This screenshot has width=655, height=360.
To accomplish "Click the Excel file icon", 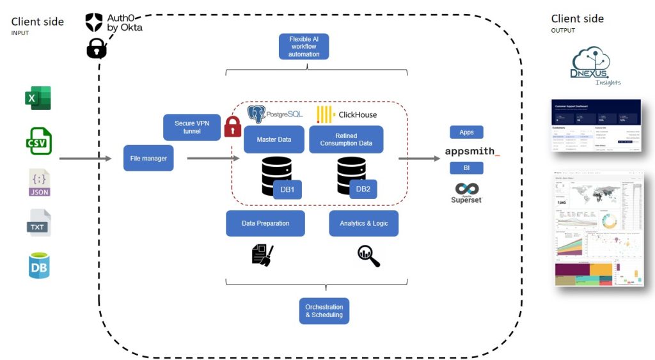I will [x=38, y=98].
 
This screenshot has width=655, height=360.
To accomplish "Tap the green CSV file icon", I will [x=39, y=141].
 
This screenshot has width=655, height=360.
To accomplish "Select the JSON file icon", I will [x=39, y=182].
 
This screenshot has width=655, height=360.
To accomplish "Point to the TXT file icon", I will [x=38, y=223].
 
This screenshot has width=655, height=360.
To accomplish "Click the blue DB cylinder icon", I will [x=39, y=265].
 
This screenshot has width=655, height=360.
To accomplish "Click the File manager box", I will [x=148, y=159].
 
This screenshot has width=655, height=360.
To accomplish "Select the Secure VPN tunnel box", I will [x=192, y=127].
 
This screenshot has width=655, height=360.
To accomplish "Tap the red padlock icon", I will [x=232, y=127].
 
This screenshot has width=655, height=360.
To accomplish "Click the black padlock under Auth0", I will [x=97, y=49].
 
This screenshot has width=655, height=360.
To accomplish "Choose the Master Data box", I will [x=274, y=139].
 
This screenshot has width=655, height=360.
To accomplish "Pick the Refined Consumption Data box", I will [x=346, y=139].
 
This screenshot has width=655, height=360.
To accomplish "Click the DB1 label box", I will [x=287, y=189].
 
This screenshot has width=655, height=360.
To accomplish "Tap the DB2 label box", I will [x=363, y=189].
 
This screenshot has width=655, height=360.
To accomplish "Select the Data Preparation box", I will [x=265, y=223].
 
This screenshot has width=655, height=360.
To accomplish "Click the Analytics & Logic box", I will [x=363, y=223].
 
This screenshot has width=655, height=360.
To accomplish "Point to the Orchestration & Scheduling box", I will [x=324, y=311].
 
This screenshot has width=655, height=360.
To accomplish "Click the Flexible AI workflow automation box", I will [x=304, y=47].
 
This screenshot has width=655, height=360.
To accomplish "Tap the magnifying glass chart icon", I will [x=368, y=256].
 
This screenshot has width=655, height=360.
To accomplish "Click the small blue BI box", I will [x=466, y=168].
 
